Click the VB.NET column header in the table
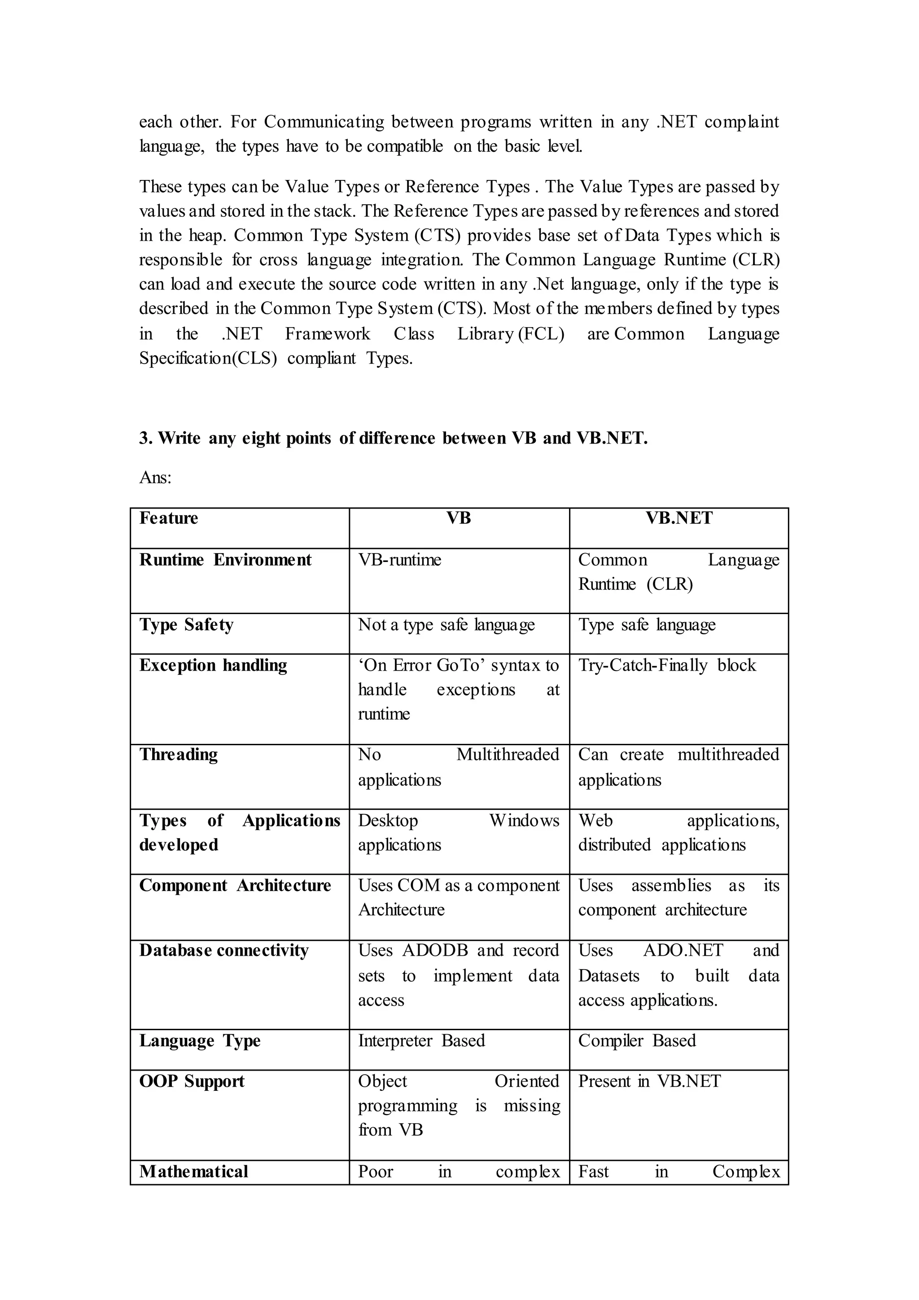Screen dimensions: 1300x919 click(678, 518)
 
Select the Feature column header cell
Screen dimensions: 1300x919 click(169, 518)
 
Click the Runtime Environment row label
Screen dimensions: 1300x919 click(225, 560)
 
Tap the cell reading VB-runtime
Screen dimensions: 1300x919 click(399, 560)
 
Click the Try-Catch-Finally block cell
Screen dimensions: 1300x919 click(667, 665)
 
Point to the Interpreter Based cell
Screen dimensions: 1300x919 click(422, 1041)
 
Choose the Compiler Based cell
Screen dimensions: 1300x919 click(637, 1041)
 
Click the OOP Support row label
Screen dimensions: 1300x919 click(192, 1081)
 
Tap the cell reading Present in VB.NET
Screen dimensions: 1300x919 click(649, 1081)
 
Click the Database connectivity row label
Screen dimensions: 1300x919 click(224, 950)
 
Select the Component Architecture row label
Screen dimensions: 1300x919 click(235, 886)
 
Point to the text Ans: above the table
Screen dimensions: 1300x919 click(155, 478)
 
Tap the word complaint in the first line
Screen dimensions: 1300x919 click(741, 122)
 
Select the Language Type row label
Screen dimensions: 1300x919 click(200, 1041)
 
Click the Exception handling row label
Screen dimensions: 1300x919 click(213, 665)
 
